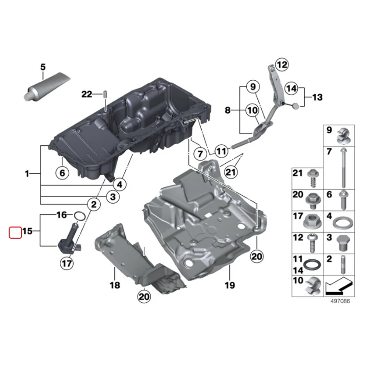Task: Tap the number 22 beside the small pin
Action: [x=87, y=95]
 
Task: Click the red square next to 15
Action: [x=15, y=231]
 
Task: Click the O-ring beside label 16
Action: [x=79, y=215]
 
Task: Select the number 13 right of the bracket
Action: [x=317, y=97]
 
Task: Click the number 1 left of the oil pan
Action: [x=27, y=174]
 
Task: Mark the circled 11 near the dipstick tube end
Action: [x=222, y=151]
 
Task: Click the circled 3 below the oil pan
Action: [x=112, y=197]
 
